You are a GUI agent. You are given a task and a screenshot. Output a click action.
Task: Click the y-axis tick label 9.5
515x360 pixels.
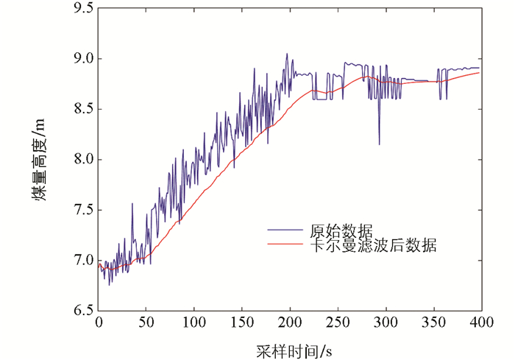(79, 9)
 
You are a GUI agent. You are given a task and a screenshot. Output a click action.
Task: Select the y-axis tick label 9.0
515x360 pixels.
(79, 59)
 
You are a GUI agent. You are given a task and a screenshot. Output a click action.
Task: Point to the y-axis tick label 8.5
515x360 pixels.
(79, 109)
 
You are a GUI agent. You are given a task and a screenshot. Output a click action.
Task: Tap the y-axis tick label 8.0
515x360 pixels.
(79, 160)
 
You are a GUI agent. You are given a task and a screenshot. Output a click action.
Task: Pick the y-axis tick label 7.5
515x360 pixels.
(79, 210)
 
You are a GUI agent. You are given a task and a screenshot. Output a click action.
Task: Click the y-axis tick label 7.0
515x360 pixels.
(79, 260)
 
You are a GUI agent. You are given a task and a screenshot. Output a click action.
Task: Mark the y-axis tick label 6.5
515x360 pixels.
(79, 310)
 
